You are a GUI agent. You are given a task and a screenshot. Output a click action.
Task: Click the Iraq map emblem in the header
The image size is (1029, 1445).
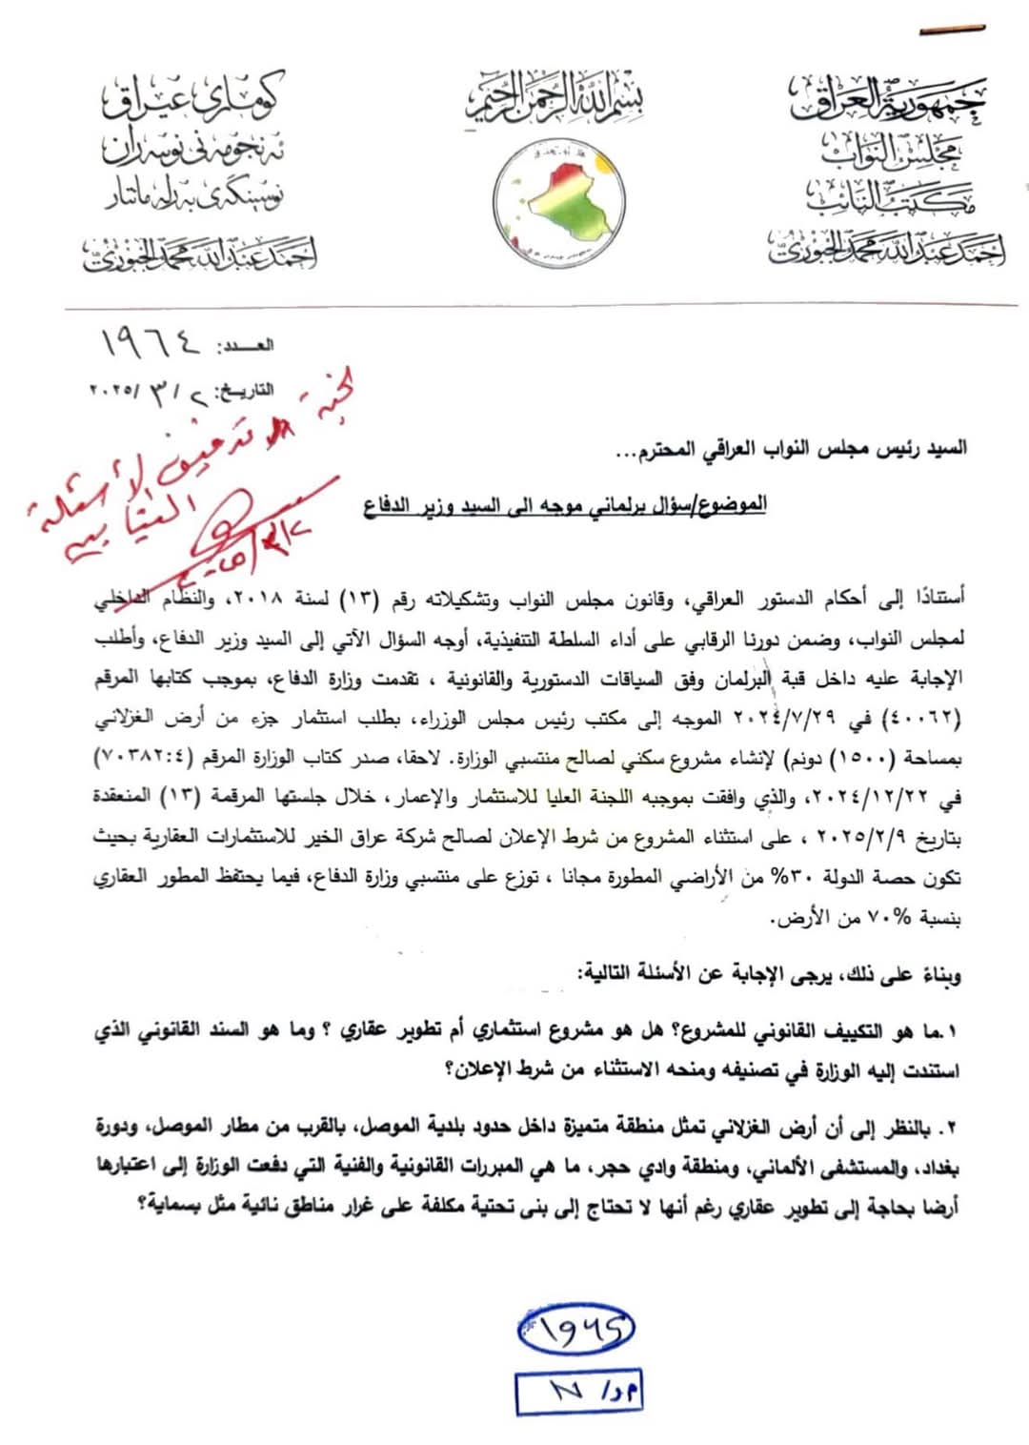click(559, 202)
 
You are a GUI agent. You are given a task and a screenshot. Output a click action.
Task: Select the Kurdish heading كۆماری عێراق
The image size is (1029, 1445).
click(194, 96)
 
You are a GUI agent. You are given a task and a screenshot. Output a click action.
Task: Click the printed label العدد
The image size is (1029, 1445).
click(245, 345)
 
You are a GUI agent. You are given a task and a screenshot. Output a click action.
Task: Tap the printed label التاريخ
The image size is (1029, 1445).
click(245, 390)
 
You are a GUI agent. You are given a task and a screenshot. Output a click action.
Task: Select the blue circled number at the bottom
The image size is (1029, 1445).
click(576, 1329)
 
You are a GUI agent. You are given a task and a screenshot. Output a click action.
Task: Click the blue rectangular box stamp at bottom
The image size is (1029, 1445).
click(578, 1393)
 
